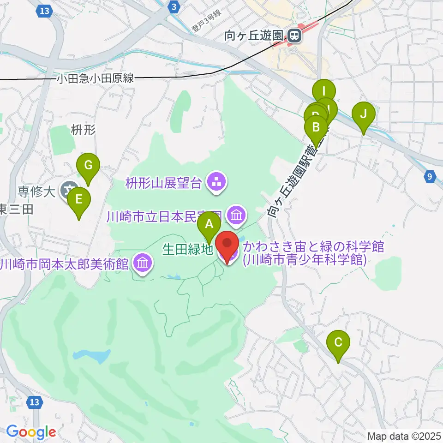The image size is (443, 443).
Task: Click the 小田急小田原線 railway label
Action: tap(95, 78)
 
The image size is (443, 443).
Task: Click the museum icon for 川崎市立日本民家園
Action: tap(236, 215)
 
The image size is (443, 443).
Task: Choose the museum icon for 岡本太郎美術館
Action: tap(142, 263)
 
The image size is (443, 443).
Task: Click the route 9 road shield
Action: tap(430, 176)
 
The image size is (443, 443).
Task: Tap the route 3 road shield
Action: tap(173, 6)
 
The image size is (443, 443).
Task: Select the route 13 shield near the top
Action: tap(44, 11)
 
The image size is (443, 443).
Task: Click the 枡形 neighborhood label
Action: tap(83, 130)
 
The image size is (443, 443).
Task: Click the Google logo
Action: tap(30, 432)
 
